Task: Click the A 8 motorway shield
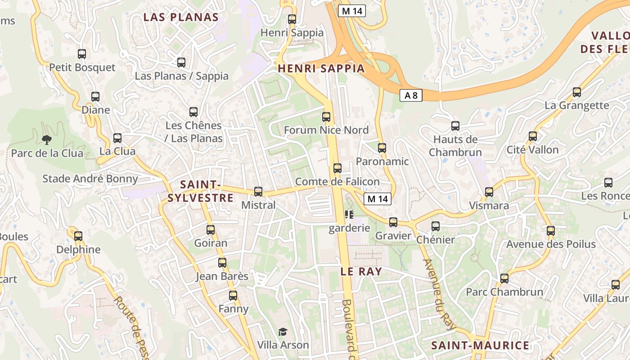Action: click(411, 95)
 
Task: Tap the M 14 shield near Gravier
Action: click(378, 199)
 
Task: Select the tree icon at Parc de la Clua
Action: click(46, 140)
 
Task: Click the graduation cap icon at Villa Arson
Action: click(283, 332)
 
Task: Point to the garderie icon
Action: click(349, 215)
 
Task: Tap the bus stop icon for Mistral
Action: click(258, 192)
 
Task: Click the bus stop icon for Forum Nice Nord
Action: click(326, 117)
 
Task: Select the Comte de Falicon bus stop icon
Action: click(337, 168)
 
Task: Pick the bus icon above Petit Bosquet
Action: click(82, 54)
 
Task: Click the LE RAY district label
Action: click(361, 271)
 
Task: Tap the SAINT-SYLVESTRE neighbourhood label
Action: click(201, 191)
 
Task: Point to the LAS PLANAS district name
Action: click(181, 18)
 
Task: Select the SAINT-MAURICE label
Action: click(480, 346)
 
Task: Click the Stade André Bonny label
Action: click(90, 179)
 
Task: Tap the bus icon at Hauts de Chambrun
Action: click(455, 126)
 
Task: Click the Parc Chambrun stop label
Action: click(504, 292)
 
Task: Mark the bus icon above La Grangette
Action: click(577, 92)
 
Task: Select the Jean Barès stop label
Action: click(222, 276)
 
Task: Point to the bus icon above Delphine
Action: click(78, 236)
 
